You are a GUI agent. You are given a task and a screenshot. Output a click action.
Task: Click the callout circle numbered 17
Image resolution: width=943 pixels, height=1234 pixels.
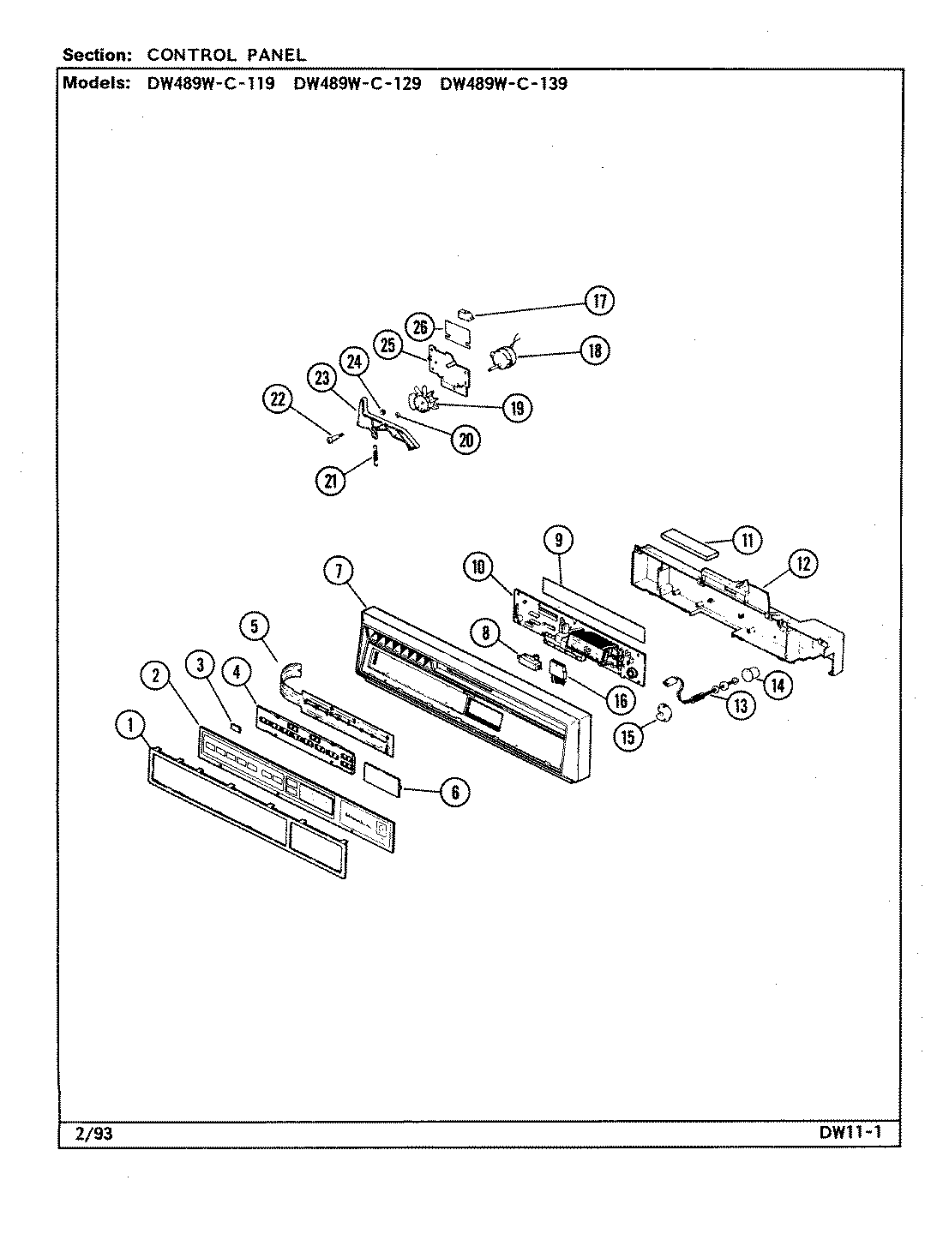coord(599,301)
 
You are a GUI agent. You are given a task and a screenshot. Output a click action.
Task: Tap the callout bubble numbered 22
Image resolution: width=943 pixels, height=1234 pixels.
coord(277,400)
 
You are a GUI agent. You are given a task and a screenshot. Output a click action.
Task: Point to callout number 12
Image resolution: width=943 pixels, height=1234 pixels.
coord(802,563)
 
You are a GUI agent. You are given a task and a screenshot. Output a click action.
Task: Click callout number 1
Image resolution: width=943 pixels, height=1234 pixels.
coord(130,727)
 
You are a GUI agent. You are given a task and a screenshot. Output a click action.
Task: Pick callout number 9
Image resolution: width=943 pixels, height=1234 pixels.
coord(558,540)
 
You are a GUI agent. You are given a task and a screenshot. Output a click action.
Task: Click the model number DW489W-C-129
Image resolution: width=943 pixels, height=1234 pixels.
coord(357,84)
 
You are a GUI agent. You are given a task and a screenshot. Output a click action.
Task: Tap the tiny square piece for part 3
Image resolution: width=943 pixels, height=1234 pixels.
coord(237,727)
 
